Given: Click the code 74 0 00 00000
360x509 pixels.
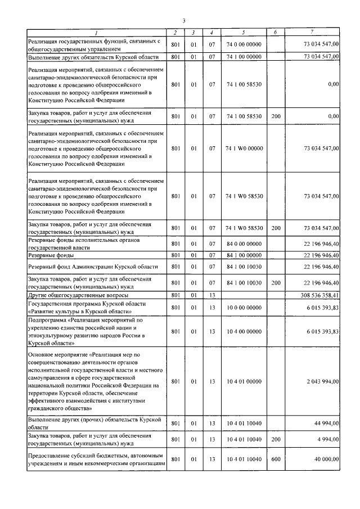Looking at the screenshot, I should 244,44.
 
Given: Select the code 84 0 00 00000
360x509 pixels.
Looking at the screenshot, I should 244,244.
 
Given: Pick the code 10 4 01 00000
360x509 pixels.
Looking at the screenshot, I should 244,381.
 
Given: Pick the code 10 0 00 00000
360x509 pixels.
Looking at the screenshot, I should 244,307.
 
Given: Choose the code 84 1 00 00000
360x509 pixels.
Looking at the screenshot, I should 244,255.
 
